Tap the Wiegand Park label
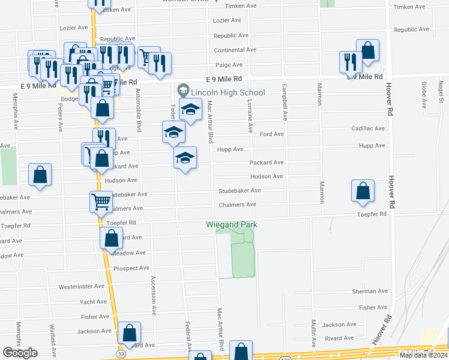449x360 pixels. (232, 224)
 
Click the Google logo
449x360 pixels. (20, 353)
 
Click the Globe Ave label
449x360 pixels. (424, 95)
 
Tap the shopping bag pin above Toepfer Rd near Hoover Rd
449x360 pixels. (363, 191)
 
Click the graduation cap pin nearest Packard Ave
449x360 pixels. (185, 158)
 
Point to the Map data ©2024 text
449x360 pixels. (423, 355)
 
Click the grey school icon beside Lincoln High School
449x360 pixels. (182, 92)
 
